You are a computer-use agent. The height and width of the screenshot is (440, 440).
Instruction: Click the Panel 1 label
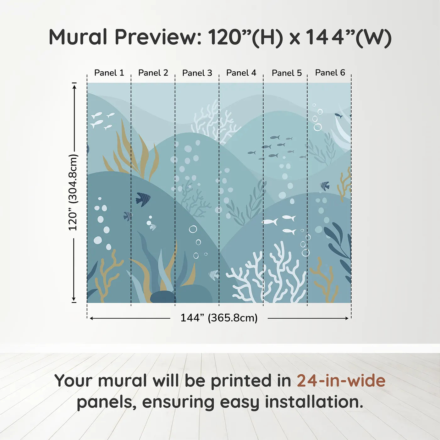(109, 73)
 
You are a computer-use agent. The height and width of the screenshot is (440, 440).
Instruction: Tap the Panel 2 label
(153, 73)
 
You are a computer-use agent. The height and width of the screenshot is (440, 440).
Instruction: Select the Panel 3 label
(197, 73)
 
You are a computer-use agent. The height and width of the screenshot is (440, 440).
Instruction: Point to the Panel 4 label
(241, 73)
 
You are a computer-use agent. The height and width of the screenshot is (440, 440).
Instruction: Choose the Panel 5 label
(287, 73)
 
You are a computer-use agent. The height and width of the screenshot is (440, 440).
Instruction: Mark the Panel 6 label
(330, 73)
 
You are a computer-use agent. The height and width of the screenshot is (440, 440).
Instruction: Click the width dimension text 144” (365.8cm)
(219, 318)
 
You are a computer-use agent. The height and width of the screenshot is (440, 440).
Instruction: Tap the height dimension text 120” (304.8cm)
(73, 192)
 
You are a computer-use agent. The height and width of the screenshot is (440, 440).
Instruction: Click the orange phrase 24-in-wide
(341, 381)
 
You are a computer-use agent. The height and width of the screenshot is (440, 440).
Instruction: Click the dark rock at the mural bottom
(163, 297)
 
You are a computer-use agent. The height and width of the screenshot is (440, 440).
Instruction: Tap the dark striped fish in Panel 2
(143, 199)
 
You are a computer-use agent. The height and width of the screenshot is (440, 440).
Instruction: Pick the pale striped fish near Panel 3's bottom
(214, 275)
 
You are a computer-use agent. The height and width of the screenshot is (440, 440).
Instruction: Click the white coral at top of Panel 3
(214, 123)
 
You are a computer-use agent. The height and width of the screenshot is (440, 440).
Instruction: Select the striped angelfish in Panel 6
(325, 186)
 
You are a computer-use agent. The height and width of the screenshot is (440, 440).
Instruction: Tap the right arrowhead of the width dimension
(347, 318)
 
